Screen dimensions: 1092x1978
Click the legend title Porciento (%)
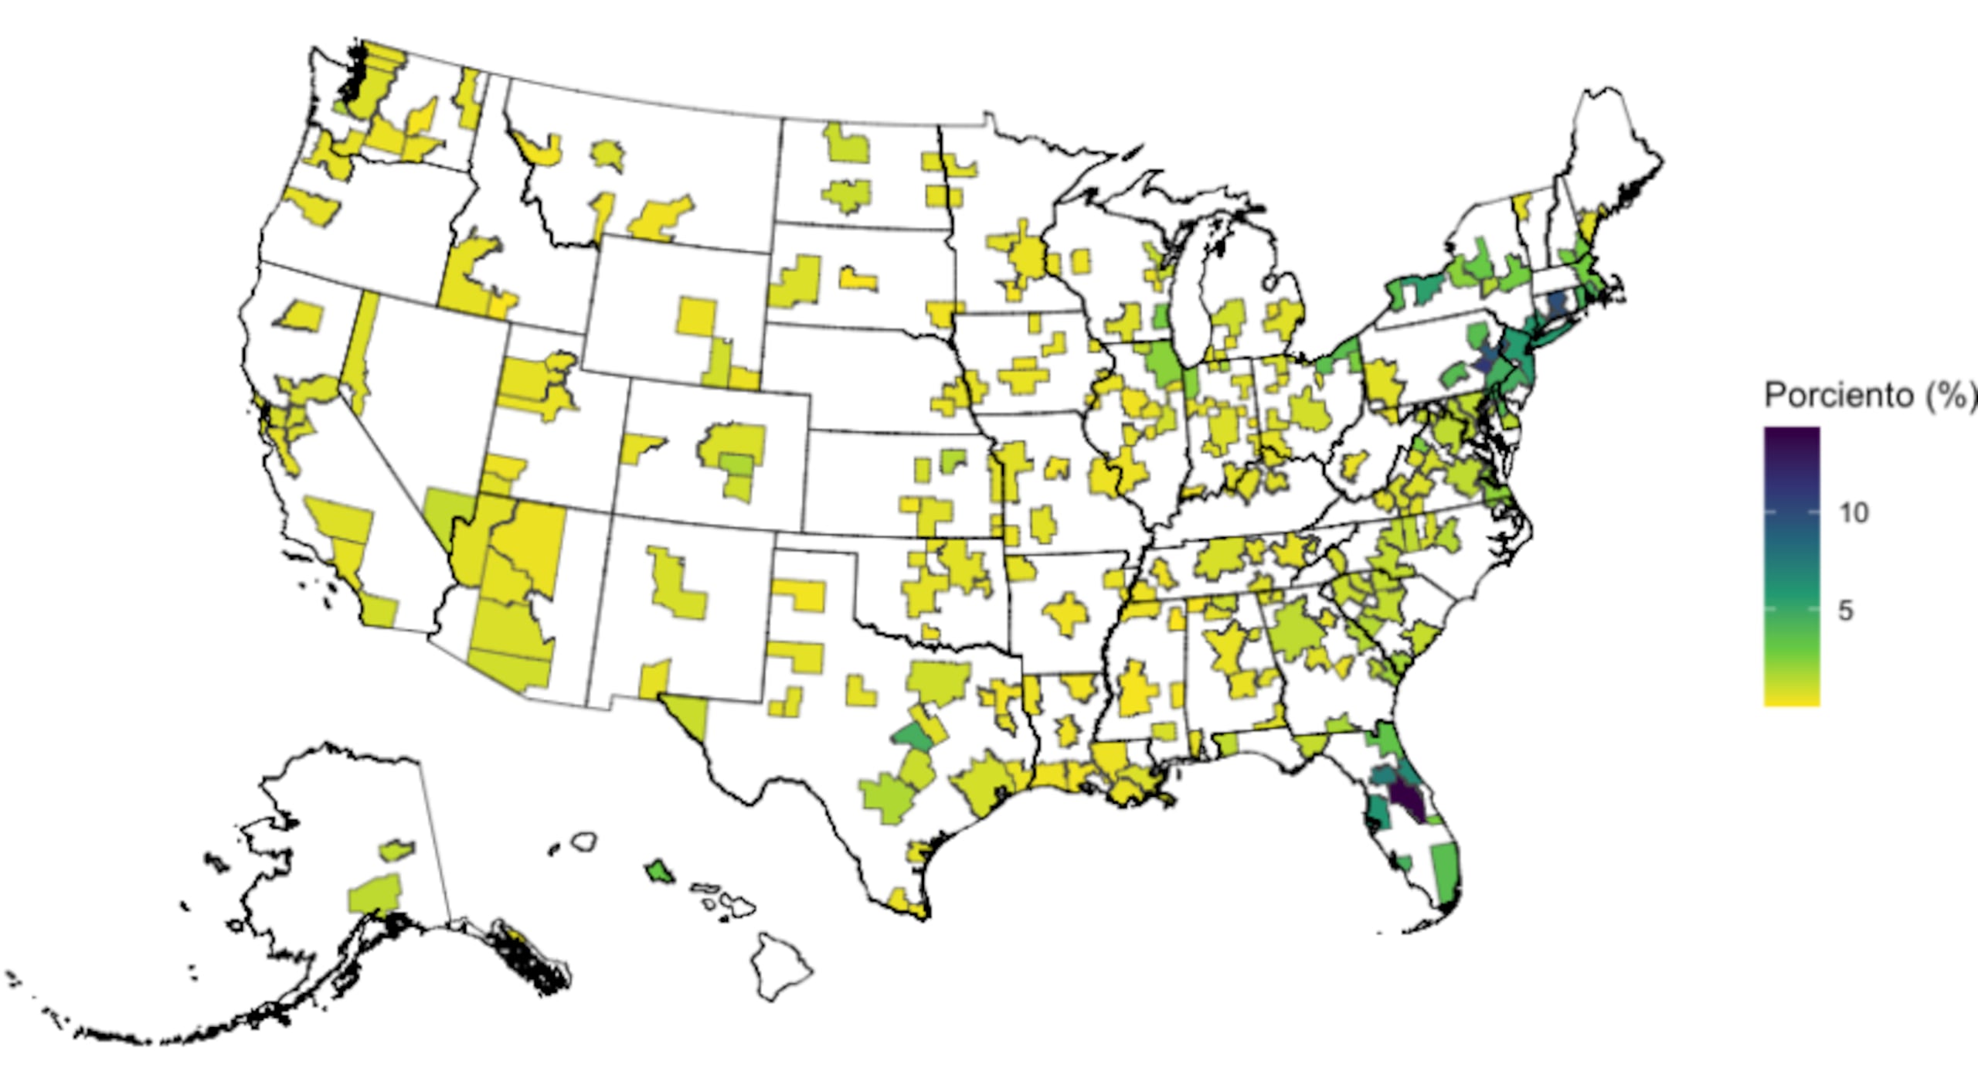click(x=1870, y=396)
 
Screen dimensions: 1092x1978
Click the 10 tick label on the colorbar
click(x=1853, y=512)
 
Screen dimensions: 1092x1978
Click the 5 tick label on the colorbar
click(x=1845, y=611)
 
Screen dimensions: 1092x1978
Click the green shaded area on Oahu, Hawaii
click(x=659, y=872)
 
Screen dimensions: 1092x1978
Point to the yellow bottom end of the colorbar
click(x=1791, y=696)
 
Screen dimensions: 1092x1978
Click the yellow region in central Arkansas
click(x=1069, y=614)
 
